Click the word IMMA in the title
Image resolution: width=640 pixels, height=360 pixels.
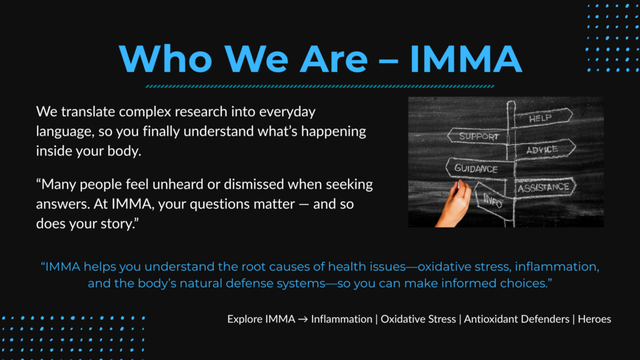(466, 59)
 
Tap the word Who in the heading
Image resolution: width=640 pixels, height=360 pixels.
(166, 59)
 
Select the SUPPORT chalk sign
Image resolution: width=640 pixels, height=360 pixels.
(478, 136)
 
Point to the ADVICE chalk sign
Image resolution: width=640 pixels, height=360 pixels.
(544, 150)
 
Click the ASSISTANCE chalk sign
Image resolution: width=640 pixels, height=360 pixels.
(544, 187)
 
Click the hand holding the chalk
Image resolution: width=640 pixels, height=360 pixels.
(454, 204)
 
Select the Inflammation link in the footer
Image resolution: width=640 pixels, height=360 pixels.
(342, 319)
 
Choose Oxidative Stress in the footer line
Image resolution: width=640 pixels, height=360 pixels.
(418, 319)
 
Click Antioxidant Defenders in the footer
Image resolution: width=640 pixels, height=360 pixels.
(516, 319)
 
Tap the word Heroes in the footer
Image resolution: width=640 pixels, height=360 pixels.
(594, 319)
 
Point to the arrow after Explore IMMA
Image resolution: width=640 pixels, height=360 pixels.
(303, 319)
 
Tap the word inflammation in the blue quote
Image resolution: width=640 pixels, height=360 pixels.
(557, 266)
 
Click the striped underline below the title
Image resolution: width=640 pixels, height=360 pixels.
(320, 86)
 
